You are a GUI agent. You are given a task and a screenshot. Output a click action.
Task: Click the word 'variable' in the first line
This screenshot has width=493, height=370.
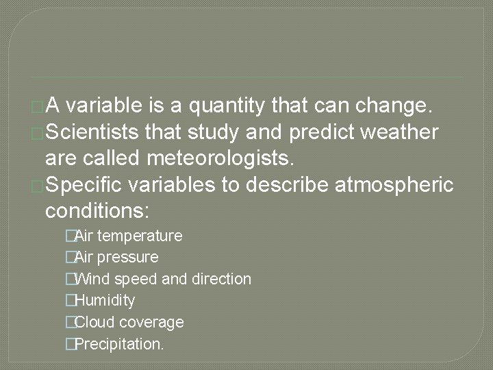pyautogui.click(x=108, y=107)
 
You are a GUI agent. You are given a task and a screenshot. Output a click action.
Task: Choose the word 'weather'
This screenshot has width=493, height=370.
pyautogui.click(x=405, y=132)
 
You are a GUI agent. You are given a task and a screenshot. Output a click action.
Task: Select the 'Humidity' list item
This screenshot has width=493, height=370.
pyautogui.click(x=104, y=300)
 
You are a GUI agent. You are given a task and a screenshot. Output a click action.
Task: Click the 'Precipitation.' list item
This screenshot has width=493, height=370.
pyautogui.click(x=118, y=343)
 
